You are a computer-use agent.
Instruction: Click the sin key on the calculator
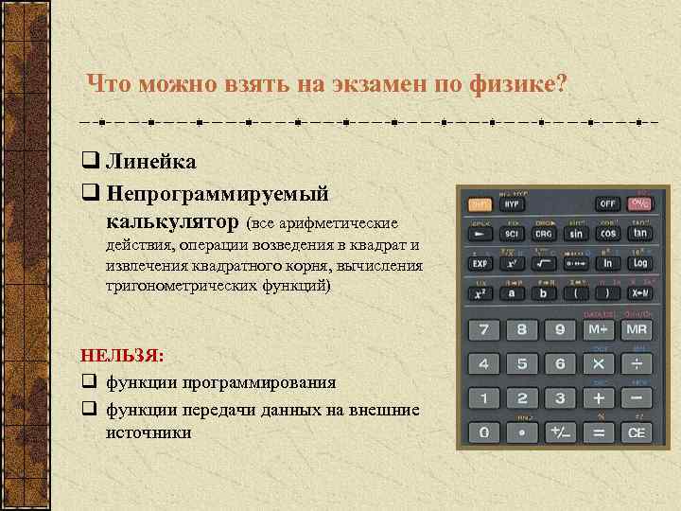coord(576,233)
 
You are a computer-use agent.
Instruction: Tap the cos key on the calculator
coord(608,233)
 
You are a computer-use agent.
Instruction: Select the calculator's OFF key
coord(608,203)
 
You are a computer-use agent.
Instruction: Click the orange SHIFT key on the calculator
coord(480,203)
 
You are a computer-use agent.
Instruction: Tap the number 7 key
coord(484,330)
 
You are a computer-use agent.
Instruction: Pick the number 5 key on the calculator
coord(522,363)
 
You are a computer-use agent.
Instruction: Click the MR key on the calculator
coord(637,330)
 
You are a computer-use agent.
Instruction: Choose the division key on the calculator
coord(637,363)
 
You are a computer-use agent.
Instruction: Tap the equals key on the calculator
coord(598,432)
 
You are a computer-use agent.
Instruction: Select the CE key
coord(637,432)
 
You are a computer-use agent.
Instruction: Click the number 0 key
coord(484,432)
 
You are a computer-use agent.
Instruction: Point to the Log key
coord(640,263)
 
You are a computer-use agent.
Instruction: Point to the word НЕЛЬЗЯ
coord(122,356)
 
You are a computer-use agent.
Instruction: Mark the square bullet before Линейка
coord(92,162)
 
